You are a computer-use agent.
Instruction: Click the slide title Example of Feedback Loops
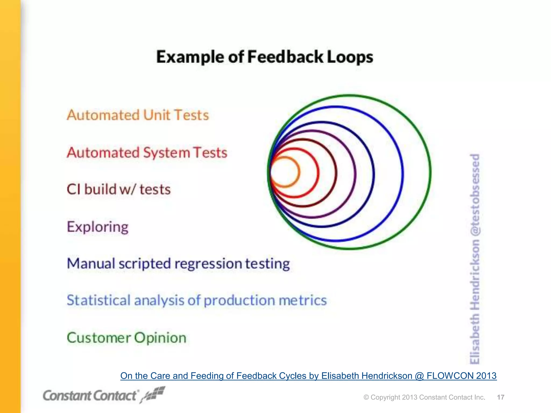click(x=265, y=57)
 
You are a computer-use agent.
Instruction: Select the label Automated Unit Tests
click(x=138, y=115)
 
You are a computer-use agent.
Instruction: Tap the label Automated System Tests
click(x=147, y=152)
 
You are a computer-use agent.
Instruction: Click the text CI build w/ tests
click(x=119, y=189)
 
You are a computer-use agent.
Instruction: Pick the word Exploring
click(x=98, y=227)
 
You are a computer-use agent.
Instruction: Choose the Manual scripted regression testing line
click(x=178, y=264)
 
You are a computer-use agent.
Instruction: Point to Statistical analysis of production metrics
click(x=197, y=300)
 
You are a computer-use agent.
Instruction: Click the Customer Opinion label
click(x=126, y=338)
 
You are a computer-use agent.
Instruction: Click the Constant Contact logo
click(x=90, y=396)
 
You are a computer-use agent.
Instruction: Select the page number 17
click(x=500, y=397)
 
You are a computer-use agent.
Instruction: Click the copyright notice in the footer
click(x=424, y=397)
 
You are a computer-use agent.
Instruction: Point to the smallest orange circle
click(x=299, y=172)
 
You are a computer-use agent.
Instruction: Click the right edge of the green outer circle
click(x=430, y=172)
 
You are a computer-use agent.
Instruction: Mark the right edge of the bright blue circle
click(x=403, y=173)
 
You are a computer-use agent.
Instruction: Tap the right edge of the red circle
click(x=319, y=173)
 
